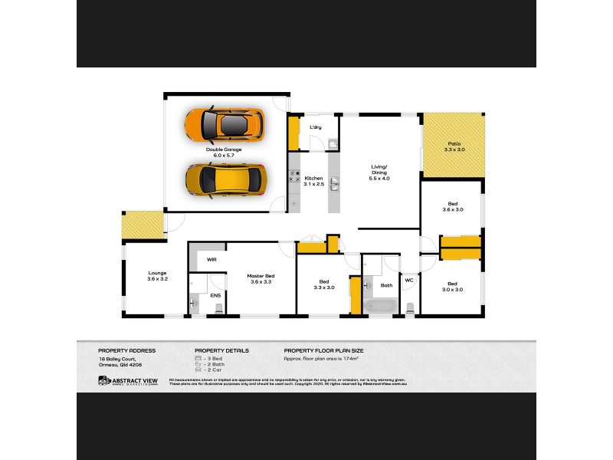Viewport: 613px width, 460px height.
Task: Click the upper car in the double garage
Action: point(224,125)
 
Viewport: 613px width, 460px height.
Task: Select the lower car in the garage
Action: point(224,179)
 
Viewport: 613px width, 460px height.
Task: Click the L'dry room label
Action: point(315,127)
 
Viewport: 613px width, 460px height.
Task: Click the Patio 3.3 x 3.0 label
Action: point(456,146)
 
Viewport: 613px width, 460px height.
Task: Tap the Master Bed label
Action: point(261,279)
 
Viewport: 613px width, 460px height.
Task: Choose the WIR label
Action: point(211,260)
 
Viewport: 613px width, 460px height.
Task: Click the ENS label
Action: point(215,294)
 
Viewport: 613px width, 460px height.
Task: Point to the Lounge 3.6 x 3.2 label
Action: point(157,276)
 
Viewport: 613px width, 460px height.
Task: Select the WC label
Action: point(408,281)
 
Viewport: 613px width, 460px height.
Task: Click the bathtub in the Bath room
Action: point(380,307)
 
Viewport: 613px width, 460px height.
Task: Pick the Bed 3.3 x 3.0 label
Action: point(325,284)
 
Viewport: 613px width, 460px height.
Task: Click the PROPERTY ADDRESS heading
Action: point(126,350)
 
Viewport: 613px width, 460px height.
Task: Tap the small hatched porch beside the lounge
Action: point(142,225)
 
